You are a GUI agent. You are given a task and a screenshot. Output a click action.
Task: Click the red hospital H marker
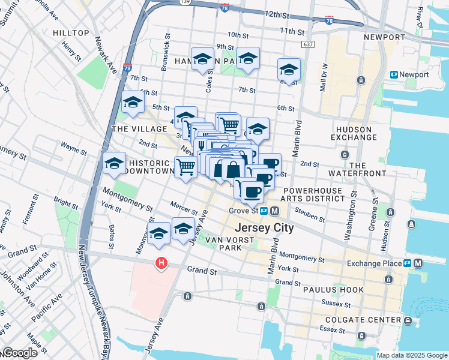pyautogui.click(x=161, y=263)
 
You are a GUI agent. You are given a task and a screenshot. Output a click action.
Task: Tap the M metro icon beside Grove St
pyautogui.click(x=274, y=211)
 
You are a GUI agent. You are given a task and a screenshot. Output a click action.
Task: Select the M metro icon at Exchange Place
pyautogui.click(x=418, y=263)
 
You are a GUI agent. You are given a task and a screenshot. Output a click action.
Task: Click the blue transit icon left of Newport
pyautogui.click(x=394, y=75)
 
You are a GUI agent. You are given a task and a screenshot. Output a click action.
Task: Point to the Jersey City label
pyautogui.click(x=264, y=228)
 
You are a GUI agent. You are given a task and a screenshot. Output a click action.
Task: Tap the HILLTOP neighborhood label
pyautogui.click(x=71, y=32)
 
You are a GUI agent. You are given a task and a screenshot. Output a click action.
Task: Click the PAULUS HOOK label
pyautogui.click(x=334, y=290)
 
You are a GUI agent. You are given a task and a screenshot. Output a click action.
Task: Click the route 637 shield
pyautogui.click(x=309, y=44)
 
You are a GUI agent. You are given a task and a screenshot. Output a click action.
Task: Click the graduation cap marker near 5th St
pyautogui.click(x=133, y=103)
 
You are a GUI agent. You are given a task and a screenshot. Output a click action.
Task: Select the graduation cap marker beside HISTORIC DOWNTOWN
pyautogui.click(x=114, y=164)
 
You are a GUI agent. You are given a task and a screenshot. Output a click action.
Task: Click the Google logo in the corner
pyautogui.click(x=19, y=353)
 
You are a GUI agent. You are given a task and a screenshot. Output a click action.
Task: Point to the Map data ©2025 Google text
pyautogui.click(x=411, y=355)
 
